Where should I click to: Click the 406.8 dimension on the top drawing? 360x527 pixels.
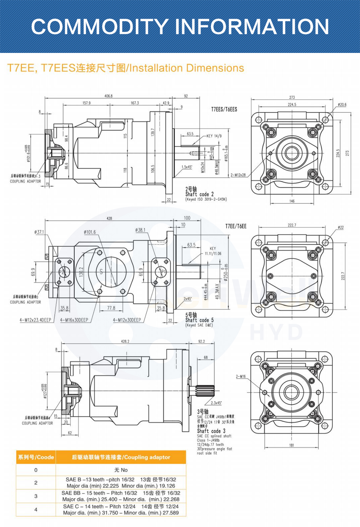[108, 96]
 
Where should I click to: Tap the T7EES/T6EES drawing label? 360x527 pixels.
[224, 109]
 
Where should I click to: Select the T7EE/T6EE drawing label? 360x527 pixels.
[236, 226]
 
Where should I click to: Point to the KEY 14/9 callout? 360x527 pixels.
[214, 136]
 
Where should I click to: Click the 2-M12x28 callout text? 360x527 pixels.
[238, 175]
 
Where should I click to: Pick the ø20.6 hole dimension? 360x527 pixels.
[342, 105]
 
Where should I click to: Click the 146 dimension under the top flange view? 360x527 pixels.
[292, 201]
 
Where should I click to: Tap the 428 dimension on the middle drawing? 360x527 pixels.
[109, 218]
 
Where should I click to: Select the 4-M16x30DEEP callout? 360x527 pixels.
[74, 320]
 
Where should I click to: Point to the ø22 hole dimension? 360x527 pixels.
[341, 228]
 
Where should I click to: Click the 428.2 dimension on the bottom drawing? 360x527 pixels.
[125, 341]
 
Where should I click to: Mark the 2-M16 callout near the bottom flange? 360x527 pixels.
[241, 376]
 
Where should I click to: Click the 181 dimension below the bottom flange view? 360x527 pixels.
[292, 445]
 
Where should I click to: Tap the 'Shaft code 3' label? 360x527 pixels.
[211, 431]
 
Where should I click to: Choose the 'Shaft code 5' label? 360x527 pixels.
[199, 320]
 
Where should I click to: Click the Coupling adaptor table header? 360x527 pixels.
[121, 457]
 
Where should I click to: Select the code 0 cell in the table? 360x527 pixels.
[36, 470]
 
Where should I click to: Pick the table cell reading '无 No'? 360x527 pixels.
[121, 470]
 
